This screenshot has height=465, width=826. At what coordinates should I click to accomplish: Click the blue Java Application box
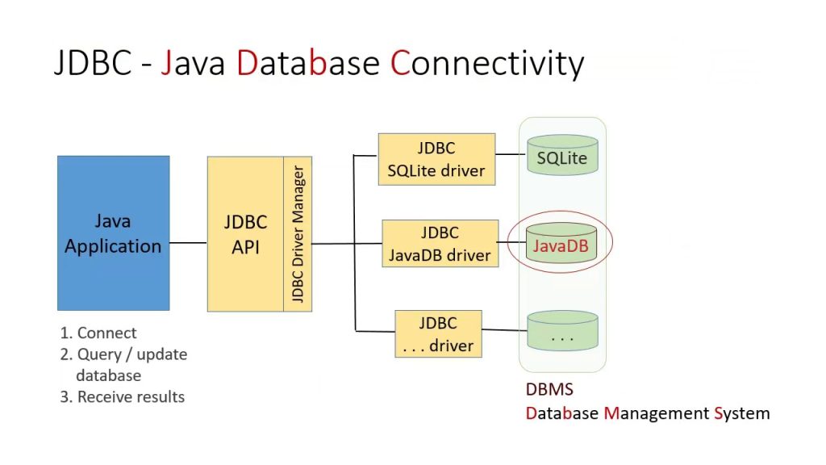tap(113, 233)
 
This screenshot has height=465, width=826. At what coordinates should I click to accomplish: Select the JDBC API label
tap(245, 234)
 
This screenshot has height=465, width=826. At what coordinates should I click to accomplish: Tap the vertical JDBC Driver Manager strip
tap(298, 234)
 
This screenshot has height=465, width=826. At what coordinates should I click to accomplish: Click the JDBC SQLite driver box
tap(436, 159)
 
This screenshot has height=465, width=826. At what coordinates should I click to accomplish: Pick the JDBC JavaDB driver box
tap(440, 244)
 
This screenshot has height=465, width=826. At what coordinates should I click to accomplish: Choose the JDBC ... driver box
tap(438, 334)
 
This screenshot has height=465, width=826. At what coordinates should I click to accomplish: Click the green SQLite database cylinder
tap(562, 157)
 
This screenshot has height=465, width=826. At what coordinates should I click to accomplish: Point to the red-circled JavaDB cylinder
tap(561, 245)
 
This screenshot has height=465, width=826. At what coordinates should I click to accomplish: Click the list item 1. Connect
tap(98, 333)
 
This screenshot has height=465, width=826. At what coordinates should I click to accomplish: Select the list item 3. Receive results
tap(123, 396)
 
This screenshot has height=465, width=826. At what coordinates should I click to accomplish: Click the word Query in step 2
tap(98, 354)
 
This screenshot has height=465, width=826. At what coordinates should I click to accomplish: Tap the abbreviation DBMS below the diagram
tap(549, 390)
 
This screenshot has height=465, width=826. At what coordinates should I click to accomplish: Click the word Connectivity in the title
tap(487, 63)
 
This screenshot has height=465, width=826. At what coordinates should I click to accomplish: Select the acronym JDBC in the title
tap(92, 63)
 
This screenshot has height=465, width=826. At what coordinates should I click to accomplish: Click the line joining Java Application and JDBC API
tap(188, 242)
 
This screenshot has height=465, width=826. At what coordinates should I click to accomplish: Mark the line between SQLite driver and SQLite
tap(510, 153)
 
